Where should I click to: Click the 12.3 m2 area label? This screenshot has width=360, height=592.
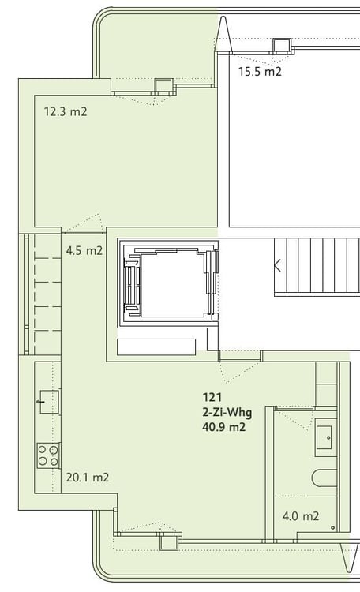(x=66, y=112)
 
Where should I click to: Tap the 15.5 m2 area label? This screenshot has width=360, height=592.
(x=260, y=71)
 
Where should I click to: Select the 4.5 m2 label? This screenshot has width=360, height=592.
(x=84, y=251)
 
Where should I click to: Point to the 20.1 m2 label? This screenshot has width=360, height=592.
(x=88, y=478)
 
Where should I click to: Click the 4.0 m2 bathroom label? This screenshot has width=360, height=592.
(x=301, y=516)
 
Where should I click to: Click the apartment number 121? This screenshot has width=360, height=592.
(x=212, y=397)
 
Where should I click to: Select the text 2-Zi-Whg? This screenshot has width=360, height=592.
(x=227, y=412)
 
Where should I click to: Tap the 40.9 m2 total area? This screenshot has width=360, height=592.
(x=224, y=427)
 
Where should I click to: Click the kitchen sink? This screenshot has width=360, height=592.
(x=47, y=402)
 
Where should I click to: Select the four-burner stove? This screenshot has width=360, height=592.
(x=48, y=455)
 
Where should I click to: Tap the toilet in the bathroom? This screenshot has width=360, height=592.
(x=324, y=479)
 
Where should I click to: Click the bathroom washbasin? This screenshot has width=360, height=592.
(x=324, y=437)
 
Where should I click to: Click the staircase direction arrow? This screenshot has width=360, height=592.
(x=277, y=265)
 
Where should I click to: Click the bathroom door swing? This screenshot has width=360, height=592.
(x=294, y=419)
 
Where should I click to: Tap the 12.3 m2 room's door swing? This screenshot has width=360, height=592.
(x=83, y=223)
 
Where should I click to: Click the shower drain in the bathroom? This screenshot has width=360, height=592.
(x=332, y=527)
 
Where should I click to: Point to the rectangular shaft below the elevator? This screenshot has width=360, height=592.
(x=156, y=347)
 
